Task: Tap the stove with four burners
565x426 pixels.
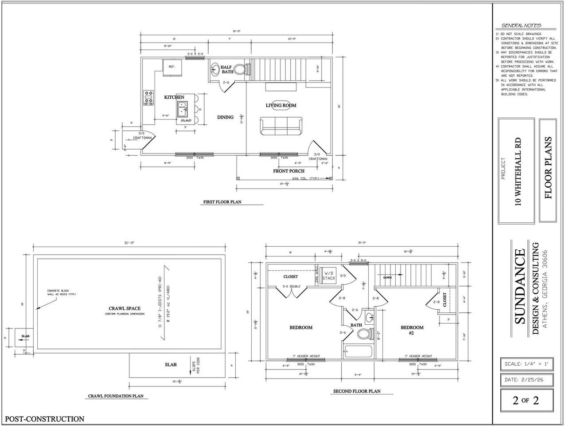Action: click(x=148, y=98)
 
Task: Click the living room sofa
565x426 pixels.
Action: click(x=281, y=126)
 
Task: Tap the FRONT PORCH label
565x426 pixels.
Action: click(x=288, y=171)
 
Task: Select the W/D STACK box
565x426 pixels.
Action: click(x=329, y=276)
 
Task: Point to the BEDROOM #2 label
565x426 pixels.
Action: click(x=412, y=331)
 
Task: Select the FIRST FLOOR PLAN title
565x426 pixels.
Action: click(x=222, y=202)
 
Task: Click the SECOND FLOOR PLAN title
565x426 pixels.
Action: click(x=356, y=391)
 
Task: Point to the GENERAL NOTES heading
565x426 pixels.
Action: click(x=521, y=25)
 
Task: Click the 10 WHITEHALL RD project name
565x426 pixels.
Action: click(x=518, y=171)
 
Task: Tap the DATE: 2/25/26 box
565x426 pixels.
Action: click(x=526, y=380)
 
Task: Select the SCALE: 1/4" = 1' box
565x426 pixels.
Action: click(x=526, y=364)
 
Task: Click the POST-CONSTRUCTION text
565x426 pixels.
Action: click(x=44, y=418)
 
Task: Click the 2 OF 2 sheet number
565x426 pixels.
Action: click(x=526, y=400)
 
